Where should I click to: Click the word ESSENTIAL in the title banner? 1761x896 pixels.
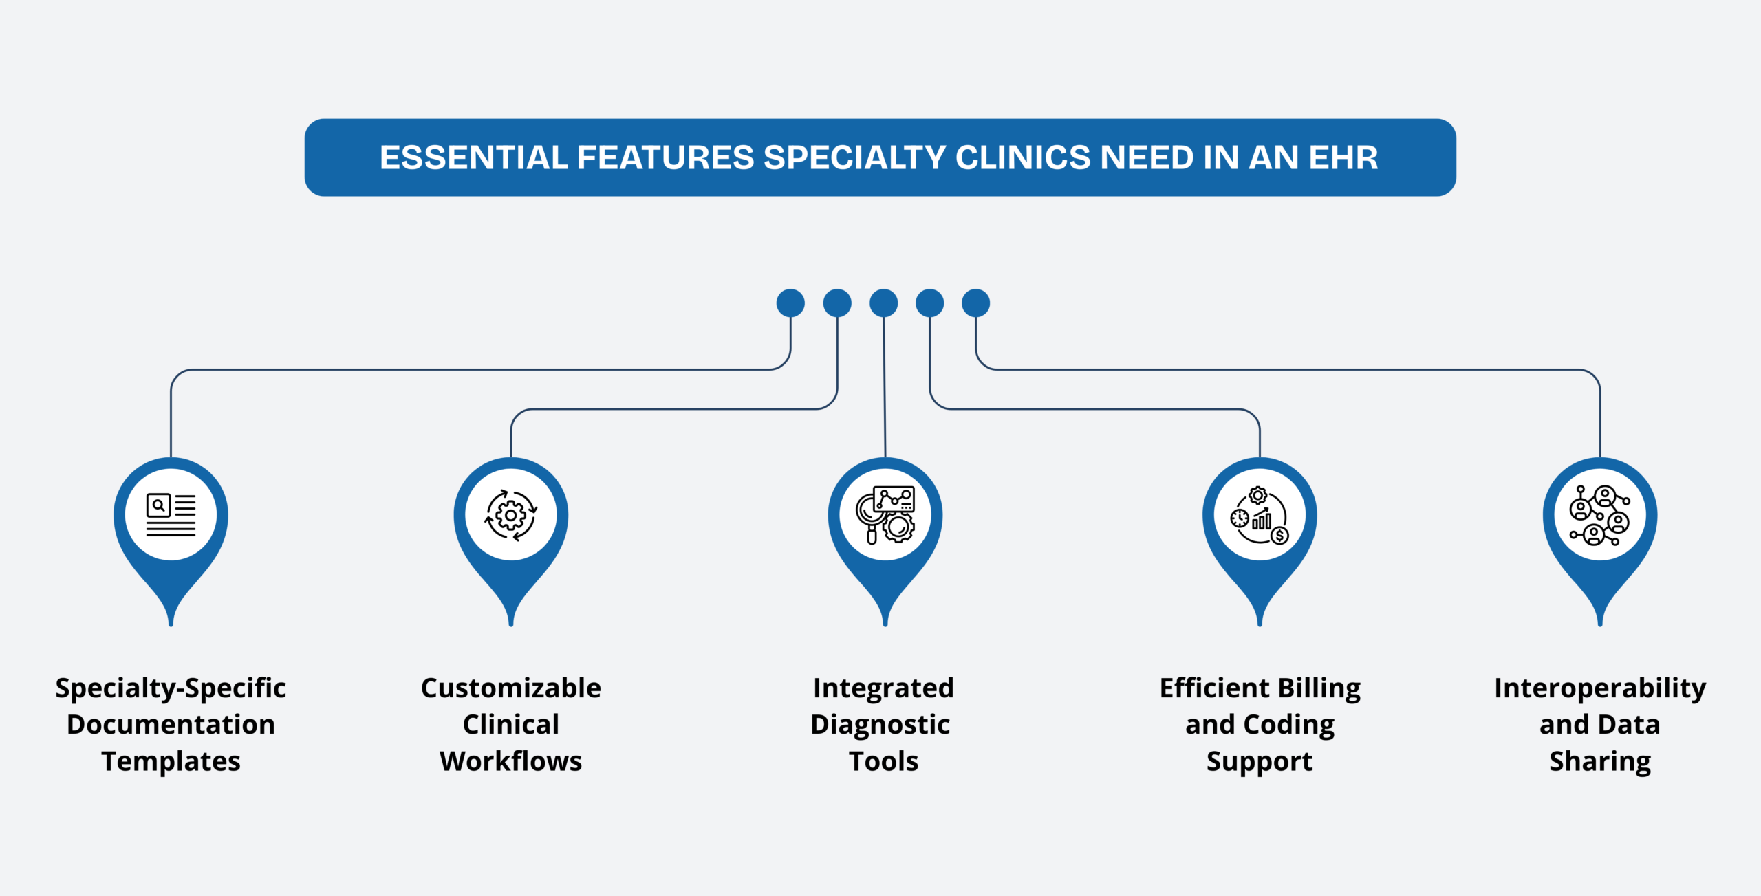(475, 157)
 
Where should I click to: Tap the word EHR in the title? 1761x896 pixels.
(1343, 157)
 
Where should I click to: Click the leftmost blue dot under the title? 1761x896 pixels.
(790, 303)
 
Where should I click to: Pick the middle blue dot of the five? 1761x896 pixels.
(883, 303)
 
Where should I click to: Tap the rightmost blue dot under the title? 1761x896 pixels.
(975, 303)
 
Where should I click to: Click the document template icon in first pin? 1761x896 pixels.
(171, 515)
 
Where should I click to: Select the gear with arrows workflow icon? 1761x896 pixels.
(510, 515)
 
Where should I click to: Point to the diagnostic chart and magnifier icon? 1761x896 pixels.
(885, 515)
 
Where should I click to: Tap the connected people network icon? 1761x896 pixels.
(1599, 515)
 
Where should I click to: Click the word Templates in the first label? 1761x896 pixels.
(171, 761)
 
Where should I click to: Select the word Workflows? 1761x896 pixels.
(510, 761)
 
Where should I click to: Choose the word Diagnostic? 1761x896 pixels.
(880, 725)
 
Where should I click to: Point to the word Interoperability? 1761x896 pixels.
(1599, 688)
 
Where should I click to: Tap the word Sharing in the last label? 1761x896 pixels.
(1599, 761)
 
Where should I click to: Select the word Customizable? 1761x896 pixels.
(510, 688)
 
